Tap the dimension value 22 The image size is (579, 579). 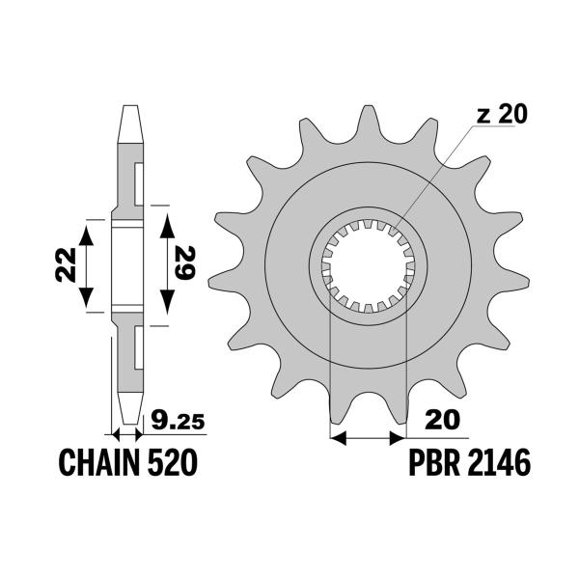pos(63,262)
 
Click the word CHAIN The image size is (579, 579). pos(96,463)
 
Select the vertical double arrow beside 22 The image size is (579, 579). pos(88,262)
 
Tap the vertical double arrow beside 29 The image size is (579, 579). pos(166,262)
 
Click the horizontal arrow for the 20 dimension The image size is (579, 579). pos(368,439)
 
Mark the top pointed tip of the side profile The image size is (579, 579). pos(126,110)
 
